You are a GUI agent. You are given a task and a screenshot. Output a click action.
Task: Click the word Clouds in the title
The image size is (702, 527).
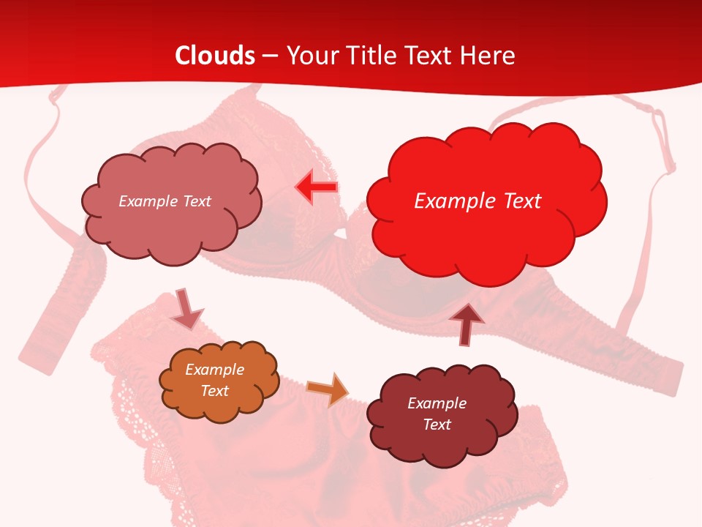point(215,56)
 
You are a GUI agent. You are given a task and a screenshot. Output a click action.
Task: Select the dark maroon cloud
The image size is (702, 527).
point(442,414)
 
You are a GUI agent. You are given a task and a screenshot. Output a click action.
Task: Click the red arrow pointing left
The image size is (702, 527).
point(316,187)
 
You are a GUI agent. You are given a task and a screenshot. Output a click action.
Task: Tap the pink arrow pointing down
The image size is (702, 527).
point(186,310)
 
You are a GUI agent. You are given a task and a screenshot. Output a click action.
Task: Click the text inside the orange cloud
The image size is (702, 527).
point(215,380)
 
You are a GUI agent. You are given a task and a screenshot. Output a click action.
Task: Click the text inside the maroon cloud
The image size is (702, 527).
point(437,414)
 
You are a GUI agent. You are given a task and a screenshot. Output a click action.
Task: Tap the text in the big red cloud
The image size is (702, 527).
point(478,201)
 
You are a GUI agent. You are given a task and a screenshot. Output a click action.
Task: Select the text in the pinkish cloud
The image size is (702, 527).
point(165,201)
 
